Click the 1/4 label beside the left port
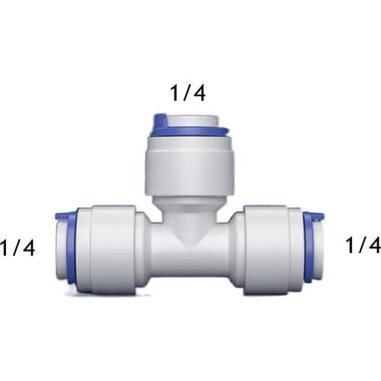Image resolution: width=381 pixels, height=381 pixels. point(17,248)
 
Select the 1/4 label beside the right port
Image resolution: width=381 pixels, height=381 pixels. point(362,245)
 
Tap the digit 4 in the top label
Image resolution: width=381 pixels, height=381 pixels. point(199,94)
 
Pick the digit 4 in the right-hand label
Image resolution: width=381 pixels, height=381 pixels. point(374,245)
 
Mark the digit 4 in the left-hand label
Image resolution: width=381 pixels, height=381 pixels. point(28,248)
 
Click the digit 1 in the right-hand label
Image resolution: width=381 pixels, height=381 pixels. point(350,245)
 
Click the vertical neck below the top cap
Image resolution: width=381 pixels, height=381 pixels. point(187,210)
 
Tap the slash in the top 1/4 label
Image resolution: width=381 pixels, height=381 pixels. point(186,94)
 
